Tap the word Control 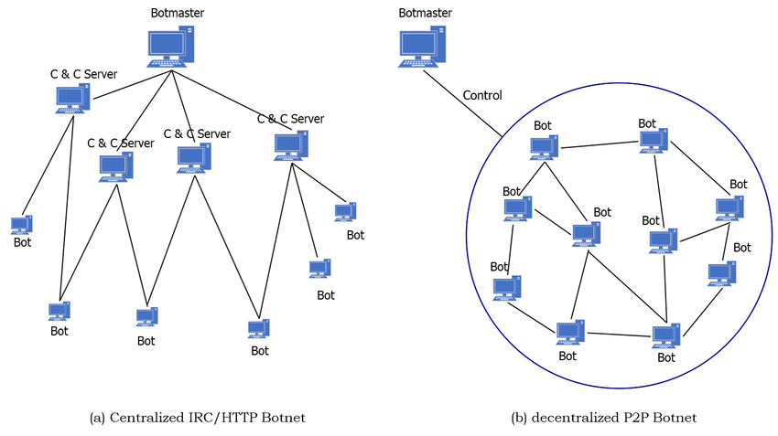point(482,95)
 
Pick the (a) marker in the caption point(97,418)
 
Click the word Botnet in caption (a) point(283,418)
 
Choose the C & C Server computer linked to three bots point(292,146)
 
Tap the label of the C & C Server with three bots point(290,119)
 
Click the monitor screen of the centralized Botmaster point(166,45)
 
